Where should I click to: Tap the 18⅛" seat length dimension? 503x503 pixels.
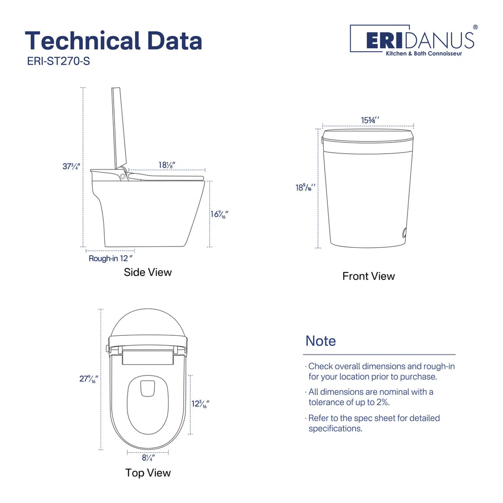click(167, 165)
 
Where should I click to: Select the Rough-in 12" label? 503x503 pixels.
click(111, 258)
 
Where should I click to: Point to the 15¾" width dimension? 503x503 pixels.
click(370, 120)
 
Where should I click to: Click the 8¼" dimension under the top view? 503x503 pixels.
click(148, 457)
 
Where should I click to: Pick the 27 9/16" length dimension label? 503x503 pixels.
click(88, 379)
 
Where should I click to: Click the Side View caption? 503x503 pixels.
click(148, 272)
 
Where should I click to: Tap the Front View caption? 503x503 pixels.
click(368, 276)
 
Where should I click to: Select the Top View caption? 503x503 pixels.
click(148, 473)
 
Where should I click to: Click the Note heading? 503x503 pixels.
click(320, 340)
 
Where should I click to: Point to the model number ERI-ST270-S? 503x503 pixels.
click(58, 61)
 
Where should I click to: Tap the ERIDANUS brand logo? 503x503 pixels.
click(412, 40)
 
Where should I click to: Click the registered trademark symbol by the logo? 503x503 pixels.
click(475, 27)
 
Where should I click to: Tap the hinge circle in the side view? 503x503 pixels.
click(122, 176)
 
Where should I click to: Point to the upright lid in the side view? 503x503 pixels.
click(119, 128)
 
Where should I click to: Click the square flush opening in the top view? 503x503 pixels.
click(148, 388)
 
